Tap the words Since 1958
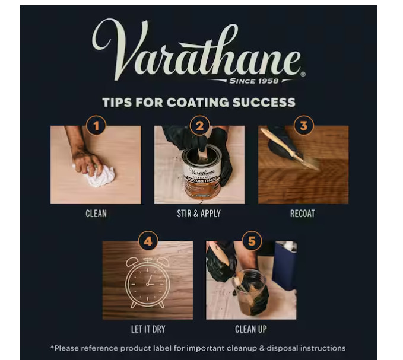tap(253, 81)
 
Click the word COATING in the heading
tap(198, 102)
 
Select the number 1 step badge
tap(96, 126)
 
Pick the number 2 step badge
tap(199, 126)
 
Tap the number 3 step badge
tap(303, 126)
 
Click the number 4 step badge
tap(148, 241)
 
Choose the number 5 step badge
tap(252, 241)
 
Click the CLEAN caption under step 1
tap(96, 214)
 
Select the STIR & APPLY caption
tap(199, 214)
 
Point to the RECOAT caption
tap(303, 214)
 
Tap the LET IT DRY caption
tap(148, 329)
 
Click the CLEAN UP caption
tap(251, 329)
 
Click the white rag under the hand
tap(99, 176)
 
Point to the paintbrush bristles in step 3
tap(310, 163)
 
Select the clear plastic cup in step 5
tap(249, 291)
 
